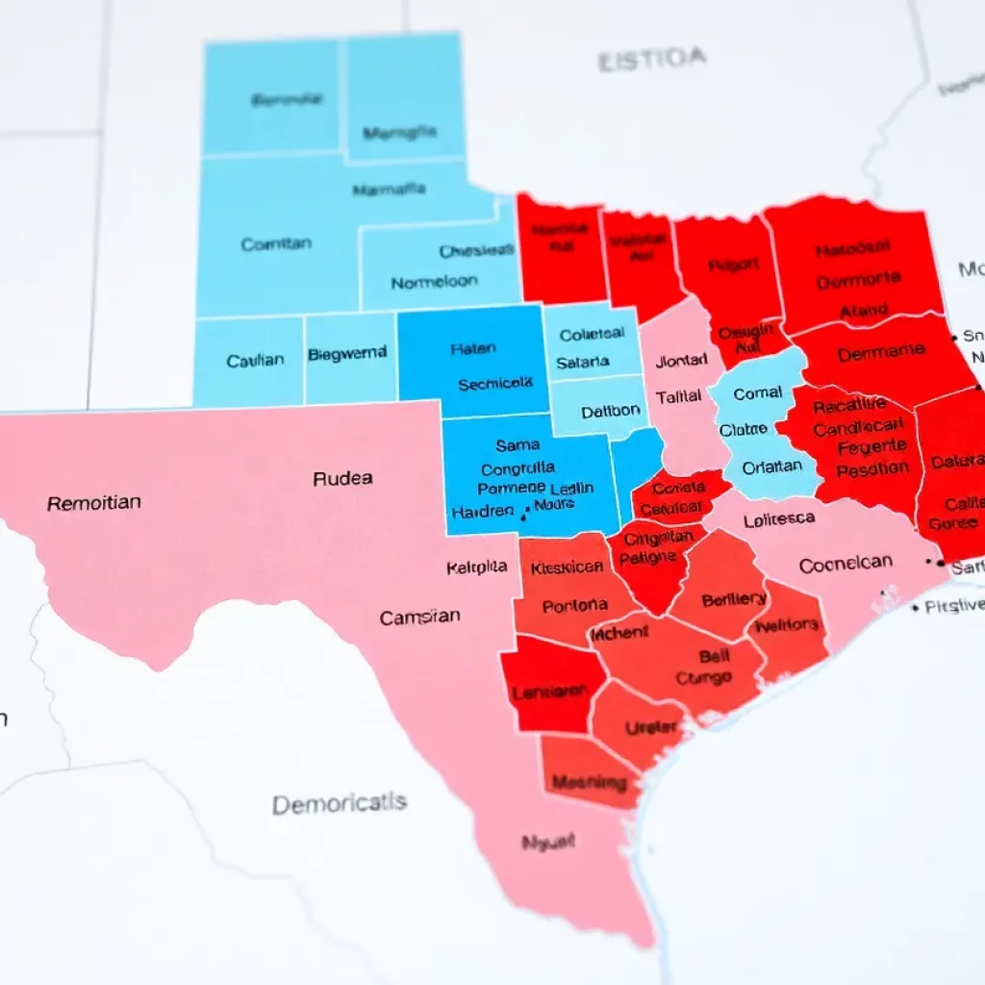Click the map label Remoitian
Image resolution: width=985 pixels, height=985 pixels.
(93, 502)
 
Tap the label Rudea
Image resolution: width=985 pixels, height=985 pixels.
(342, 478)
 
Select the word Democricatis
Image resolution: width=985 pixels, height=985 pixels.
(339, 803)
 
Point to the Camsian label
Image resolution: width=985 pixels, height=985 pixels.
(419, 618)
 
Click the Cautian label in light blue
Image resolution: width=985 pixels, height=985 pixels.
(255, 361)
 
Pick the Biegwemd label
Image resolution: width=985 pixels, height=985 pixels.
(347, 354)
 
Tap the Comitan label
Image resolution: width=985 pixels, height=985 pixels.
(276, 244)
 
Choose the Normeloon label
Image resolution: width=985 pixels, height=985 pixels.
(435, 283)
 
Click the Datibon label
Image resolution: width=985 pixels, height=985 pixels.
(610, 411)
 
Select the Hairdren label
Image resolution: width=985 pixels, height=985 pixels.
(482, 512)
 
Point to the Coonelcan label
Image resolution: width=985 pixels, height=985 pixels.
(846, 564)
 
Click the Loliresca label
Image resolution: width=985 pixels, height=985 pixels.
(779, 519)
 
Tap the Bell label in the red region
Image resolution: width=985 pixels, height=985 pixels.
(714, 656)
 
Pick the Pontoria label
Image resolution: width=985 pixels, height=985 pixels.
(574, 605)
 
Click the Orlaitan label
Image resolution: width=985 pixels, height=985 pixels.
(772, 466)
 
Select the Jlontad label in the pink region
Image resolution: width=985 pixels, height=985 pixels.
(681, 362)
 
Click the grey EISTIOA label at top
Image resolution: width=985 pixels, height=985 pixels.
(651, 61)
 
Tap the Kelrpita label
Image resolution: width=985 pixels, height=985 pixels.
(477, 568)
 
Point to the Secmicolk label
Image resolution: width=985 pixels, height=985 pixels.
(494, 383)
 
